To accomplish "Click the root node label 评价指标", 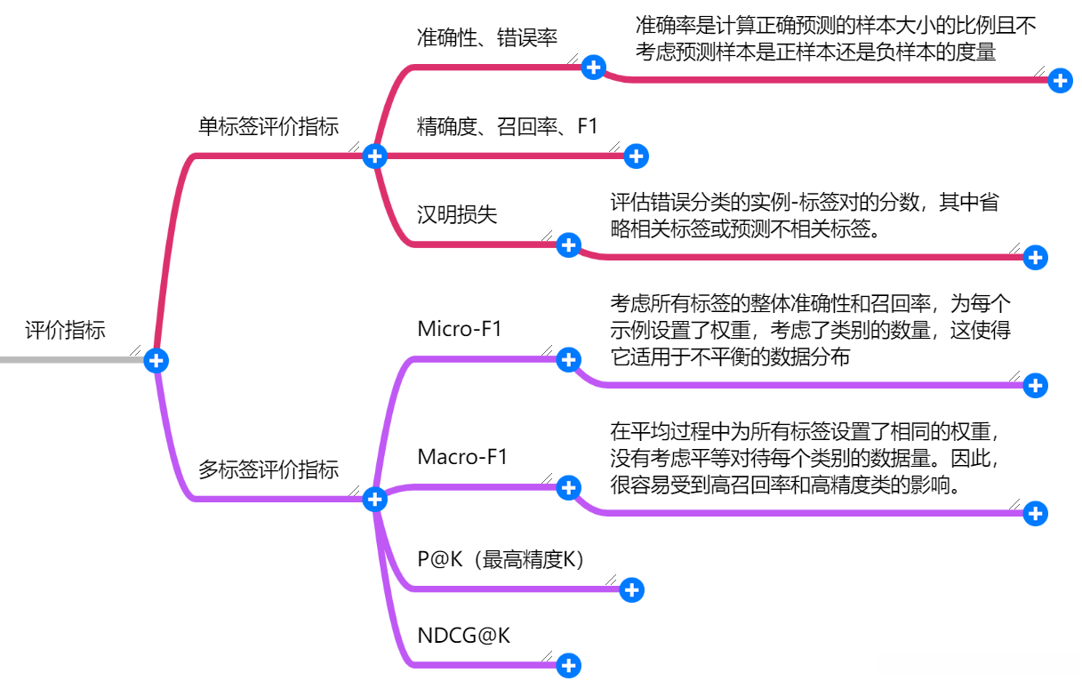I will [x=65, y=331].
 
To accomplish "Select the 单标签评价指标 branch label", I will [x=268, y=127].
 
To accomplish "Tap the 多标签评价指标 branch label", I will [x=268, y=469].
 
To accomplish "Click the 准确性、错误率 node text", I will [x=487, y=38].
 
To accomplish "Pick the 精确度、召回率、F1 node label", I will [x=508, y=127].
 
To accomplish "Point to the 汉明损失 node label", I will [x=457, y=215].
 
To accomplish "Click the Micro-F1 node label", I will [x=460, y=329].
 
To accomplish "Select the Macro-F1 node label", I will [x=462, y=458].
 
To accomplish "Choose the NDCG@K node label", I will [x=464, y=636].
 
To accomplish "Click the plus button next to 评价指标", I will [x=157, y=360].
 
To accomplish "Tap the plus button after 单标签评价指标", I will [x=375, y=156].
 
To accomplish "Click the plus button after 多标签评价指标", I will [x=375, y=500].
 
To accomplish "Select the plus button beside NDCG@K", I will [x=568, y=665].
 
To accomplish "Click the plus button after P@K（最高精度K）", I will [x=631, y=589].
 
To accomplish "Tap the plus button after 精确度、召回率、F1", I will [x=636, y=156].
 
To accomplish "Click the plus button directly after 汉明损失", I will [x=568, y=245].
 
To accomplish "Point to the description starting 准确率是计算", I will [x=836, y=39].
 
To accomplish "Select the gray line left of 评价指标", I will [x=71, y=360].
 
